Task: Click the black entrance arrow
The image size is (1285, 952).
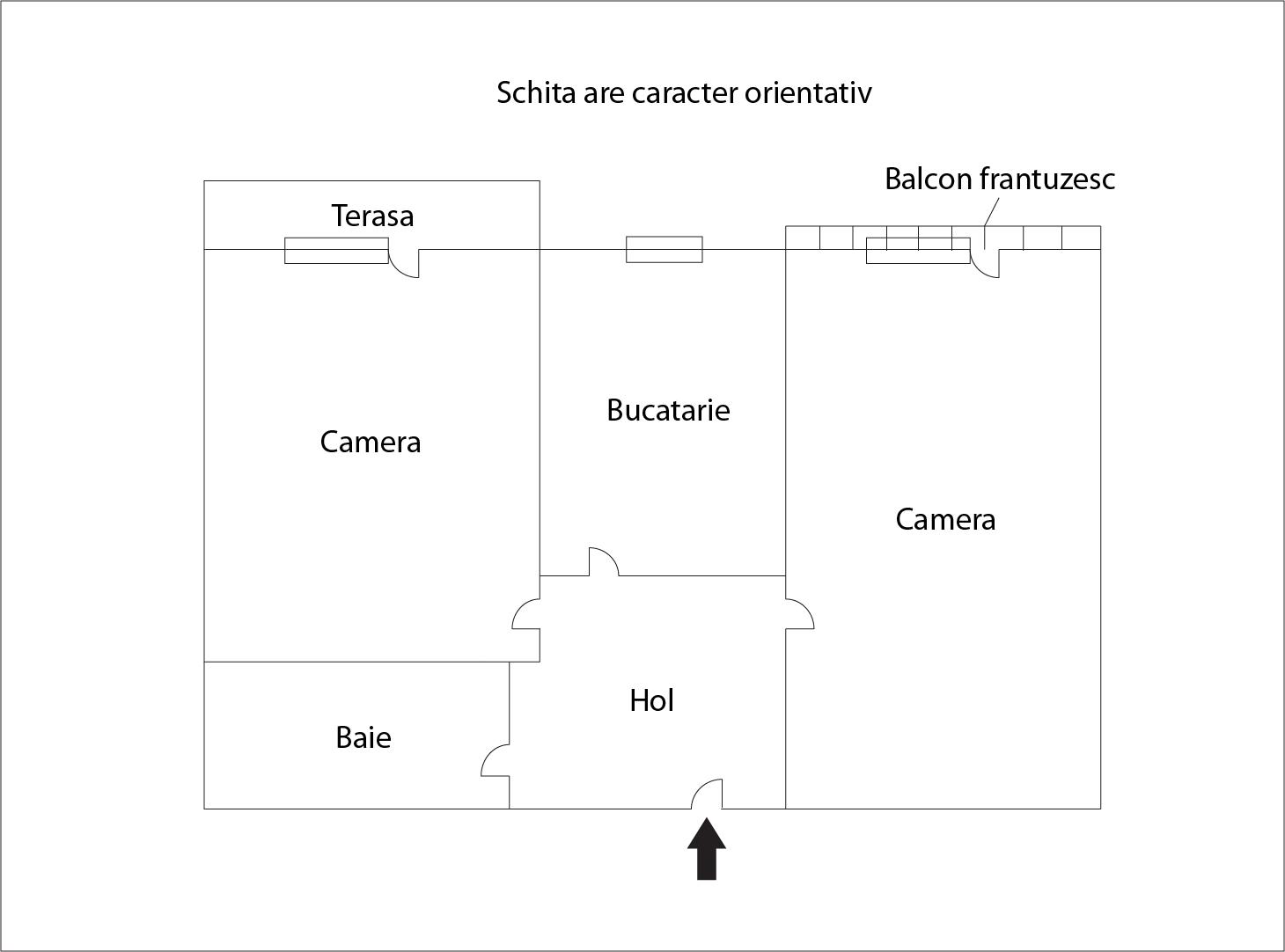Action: [706, 848]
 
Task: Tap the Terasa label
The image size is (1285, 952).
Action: [372, 216]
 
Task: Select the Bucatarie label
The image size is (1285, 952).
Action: [668, 410]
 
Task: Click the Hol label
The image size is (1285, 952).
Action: [652, 700]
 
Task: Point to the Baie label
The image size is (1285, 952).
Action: [363, 738]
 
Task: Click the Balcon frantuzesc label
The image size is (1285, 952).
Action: [999, 179]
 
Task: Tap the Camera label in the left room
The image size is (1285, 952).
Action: [371, 442]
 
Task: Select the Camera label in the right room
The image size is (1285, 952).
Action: [945, 519]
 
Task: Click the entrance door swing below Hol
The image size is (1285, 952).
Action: [707, 794]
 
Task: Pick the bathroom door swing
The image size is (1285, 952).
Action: [496, 760]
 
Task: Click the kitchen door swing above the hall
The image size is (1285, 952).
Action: [604, 561]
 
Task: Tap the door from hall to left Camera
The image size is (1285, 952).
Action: [526, 614]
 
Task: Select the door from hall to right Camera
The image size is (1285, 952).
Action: [799, 613]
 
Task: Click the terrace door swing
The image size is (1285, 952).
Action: [404, 264]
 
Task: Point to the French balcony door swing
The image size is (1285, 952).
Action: [985, 264]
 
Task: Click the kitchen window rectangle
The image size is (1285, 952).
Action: [664, 249]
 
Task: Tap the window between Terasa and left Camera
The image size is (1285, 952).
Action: [336, 250]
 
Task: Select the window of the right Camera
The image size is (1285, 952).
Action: [918, 250]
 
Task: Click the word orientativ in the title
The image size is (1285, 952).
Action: [808, 92]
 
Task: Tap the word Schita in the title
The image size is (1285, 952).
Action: [536, 92]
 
